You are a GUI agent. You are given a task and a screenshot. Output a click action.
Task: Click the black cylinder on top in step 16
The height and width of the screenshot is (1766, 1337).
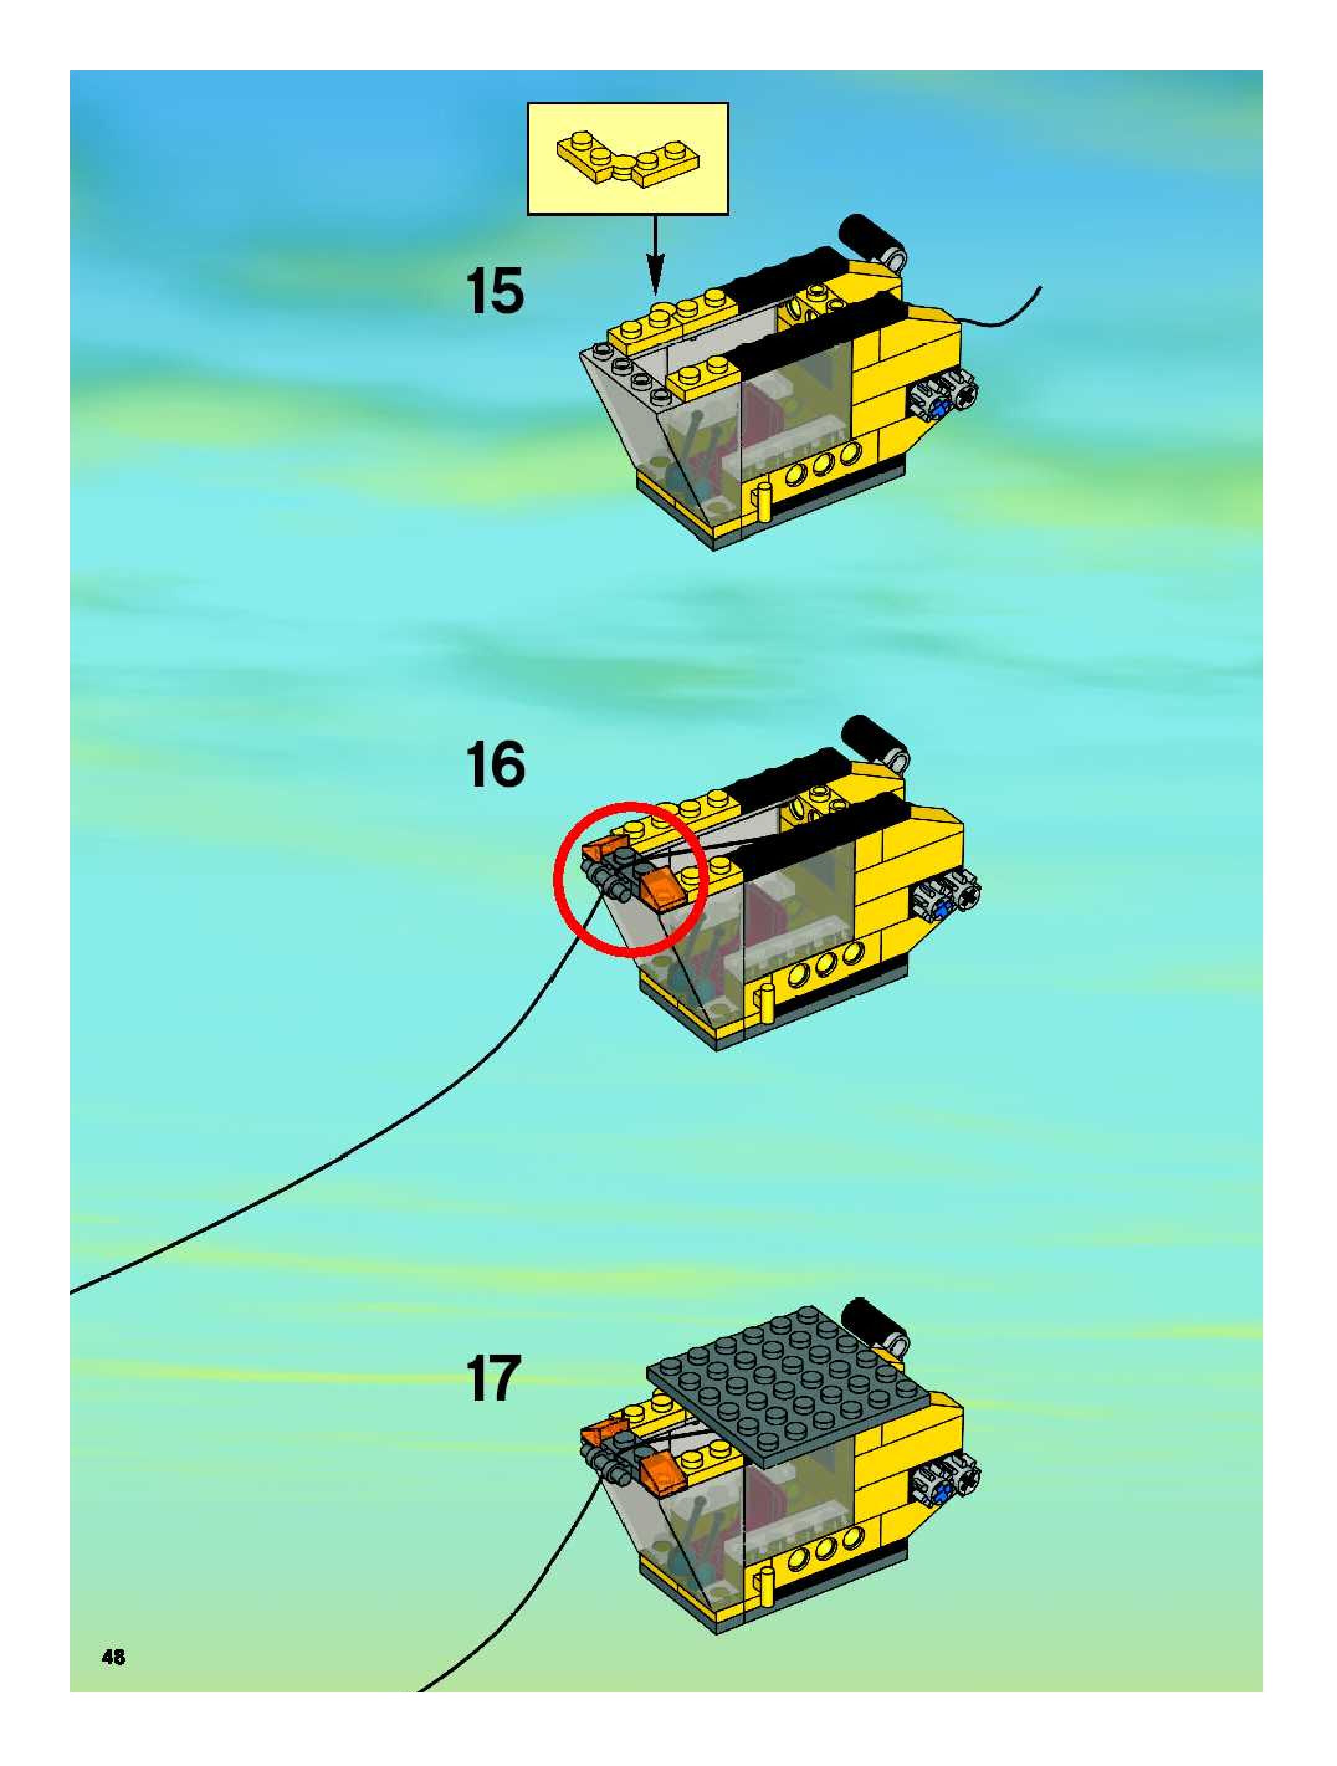872,740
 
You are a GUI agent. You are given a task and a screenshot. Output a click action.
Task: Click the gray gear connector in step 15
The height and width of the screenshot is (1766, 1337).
947,398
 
